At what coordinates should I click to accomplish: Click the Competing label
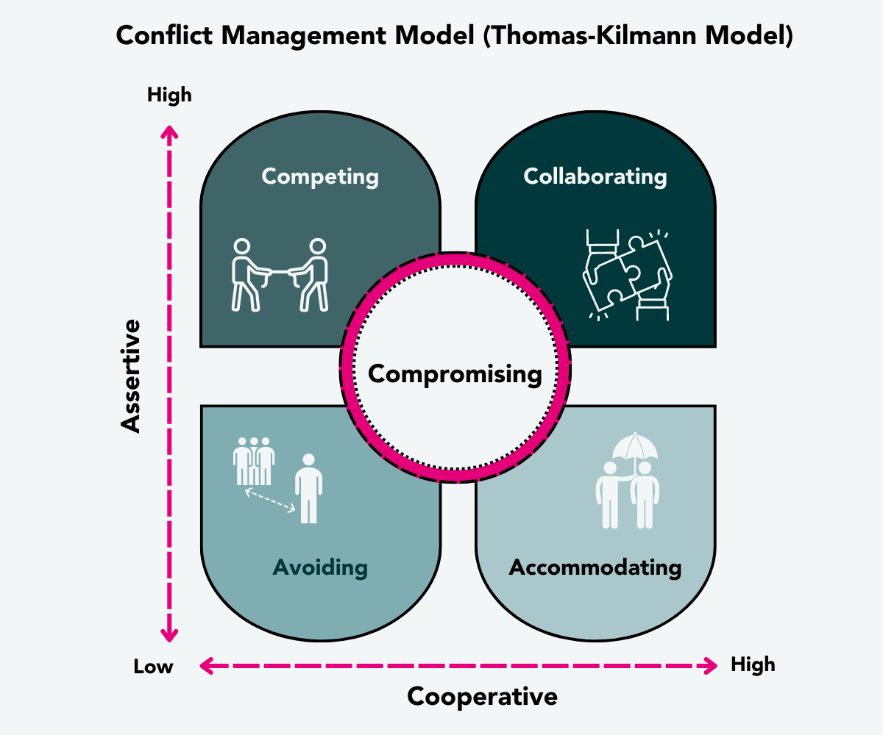[320, 177]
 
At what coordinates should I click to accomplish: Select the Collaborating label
[595, 177]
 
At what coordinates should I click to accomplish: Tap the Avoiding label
[320, 567]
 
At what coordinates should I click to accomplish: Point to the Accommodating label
[595, 567]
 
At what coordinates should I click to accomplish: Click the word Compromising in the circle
[455, 374]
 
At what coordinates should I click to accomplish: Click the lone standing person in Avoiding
[308, 487]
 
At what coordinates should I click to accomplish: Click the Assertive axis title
[130, 375]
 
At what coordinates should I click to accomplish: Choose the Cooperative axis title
[482, 696]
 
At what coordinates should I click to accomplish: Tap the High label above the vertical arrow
[169, 95]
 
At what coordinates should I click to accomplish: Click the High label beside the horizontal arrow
[753, 665]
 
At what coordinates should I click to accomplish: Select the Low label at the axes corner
[153, 667]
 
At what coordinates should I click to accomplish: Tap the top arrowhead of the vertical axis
[170, 132]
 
